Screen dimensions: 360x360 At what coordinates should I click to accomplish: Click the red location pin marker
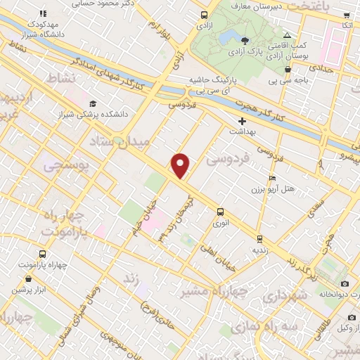(x=181, y=165)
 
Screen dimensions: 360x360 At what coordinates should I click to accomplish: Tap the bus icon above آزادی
(x=204, y=15)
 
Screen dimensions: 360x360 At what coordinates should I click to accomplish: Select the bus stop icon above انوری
(x=220, y=212)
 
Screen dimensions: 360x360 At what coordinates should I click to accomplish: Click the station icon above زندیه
(x=259, y=239)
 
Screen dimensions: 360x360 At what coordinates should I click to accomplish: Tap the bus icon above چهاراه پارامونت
(x=42, y=254)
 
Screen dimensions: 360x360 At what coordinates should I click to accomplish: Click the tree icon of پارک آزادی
(x=245, y=41)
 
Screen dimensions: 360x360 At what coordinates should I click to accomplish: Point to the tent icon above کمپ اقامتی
(x=286, y=36)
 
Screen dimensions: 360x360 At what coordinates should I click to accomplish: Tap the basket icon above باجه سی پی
(x=288, y=69)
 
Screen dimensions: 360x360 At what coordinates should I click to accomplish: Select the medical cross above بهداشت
(x=243, y=121)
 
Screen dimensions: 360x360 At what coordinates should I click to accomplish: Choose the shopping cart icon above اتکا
(x=347, y=15)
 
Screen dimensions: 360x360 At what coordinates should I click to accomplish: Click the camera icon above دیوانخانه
(x=345, y=283)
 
